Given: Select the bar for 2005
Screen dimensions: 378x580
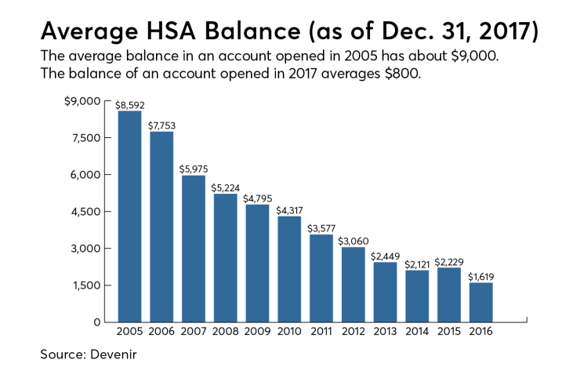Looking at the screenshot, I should (129, 216).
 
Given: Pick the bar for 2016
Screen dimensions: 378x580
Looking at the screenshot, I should (481, 302).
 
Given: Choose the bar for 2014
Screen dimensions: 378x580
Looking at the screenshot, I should (417, 296).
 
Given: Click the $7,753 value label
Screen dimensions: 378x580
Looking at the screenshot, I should (161, 125).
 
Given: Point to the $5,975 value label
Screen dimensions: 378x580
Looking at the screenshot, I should (194, 169).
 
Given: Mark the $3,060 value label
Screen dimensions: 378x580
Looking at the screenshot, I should (353, 241).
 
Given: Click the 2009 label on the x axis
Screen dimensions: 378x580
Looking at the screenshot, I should (257, 333).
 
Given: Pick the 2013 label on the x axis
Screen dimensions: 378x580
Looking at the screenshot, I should (385, 333).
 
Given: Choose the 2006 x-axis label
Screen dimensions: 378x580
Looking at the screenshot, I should (161, 333).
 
